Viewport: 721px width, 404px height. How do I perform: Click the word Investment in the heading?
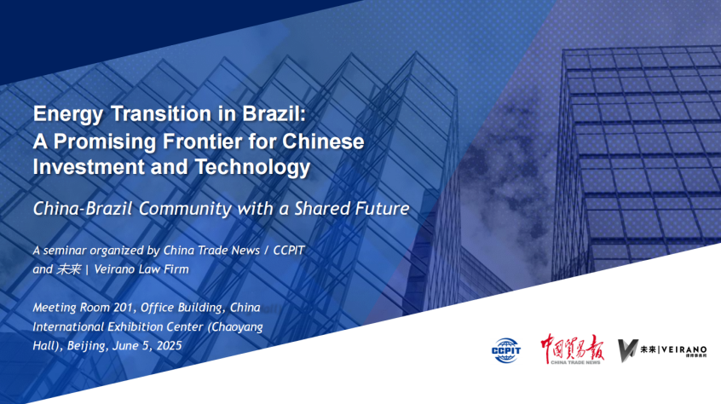click(x=89, y=166)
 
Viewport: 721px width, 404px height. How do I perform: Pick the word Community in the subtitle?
click(x=185, y=209)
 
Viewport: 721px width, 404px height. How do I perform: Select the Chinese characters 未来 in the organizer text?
click(x=68, y=269)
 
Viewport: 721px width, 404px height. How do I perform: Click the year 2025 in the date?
click(x=169, y=346)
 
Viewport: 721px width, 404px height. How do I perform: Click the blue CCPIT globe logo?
click(x=505, y=350)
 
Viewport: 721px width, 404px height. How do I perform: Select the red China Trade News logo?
click(x=573, y=349)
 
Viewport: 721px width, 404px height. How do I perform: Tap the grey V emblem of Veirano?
click(x=627, y=350)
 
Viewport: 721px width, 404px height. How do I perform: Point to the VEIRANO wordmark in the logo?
click(x=684, y=349)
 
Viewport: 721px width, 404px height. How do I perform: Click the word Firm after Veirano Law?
click(x=176, y=269)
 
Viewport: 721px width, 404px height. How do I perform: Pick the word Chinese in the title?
click(x=323, y=141)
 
